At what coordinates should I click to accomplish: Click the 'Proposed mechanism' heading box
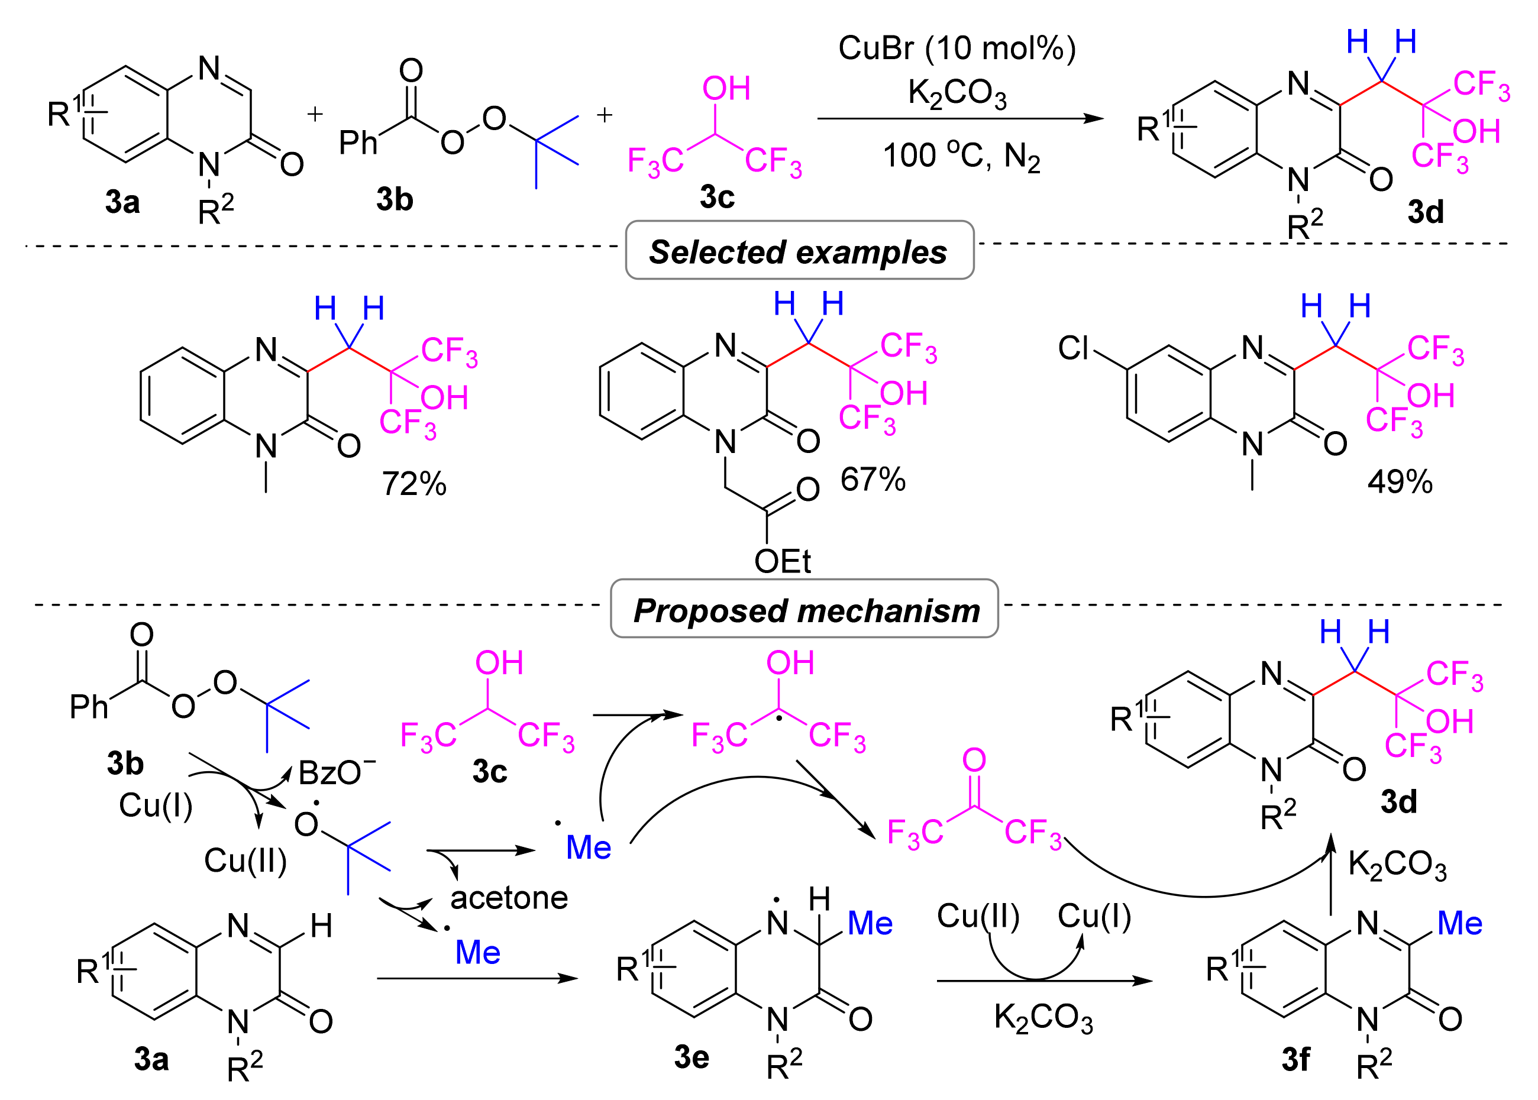click(804, 610)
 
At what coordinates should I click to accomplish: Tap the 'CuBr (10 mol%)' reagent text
click(957, 48)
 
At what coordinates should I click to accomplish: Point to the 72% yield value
click(414, 484)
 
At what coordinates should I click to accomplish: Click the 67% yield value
click(873, 480)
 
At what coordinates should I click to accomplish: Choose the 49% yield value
click(1400, 482)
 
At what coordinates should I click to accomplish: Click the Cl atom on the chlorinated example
click(1073, 348)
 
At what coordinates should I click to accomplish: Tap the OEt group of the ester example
click(783, 561)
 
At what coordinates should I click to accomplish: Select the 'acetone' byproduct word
click(509, 898)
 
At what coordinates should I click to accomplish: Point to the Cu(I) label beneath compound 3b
click(156, 805)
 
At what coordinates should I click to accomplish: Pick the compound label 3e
click(691, 1057)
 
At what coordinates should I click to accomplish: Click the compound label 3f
click(1295, 1059)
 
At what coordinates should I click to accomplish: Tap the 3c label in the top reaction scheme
click(717, 197)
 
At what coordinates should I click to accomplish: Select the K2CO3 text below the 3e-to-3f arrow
click(1043, 1017)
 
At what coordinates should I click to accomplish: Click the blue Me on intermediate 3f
click(1460, 923)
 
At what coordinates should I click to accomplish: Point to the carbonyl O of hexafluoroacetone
click(974, 760)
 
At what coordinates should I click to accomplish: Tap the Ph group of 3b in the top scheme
click(358, 143)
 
